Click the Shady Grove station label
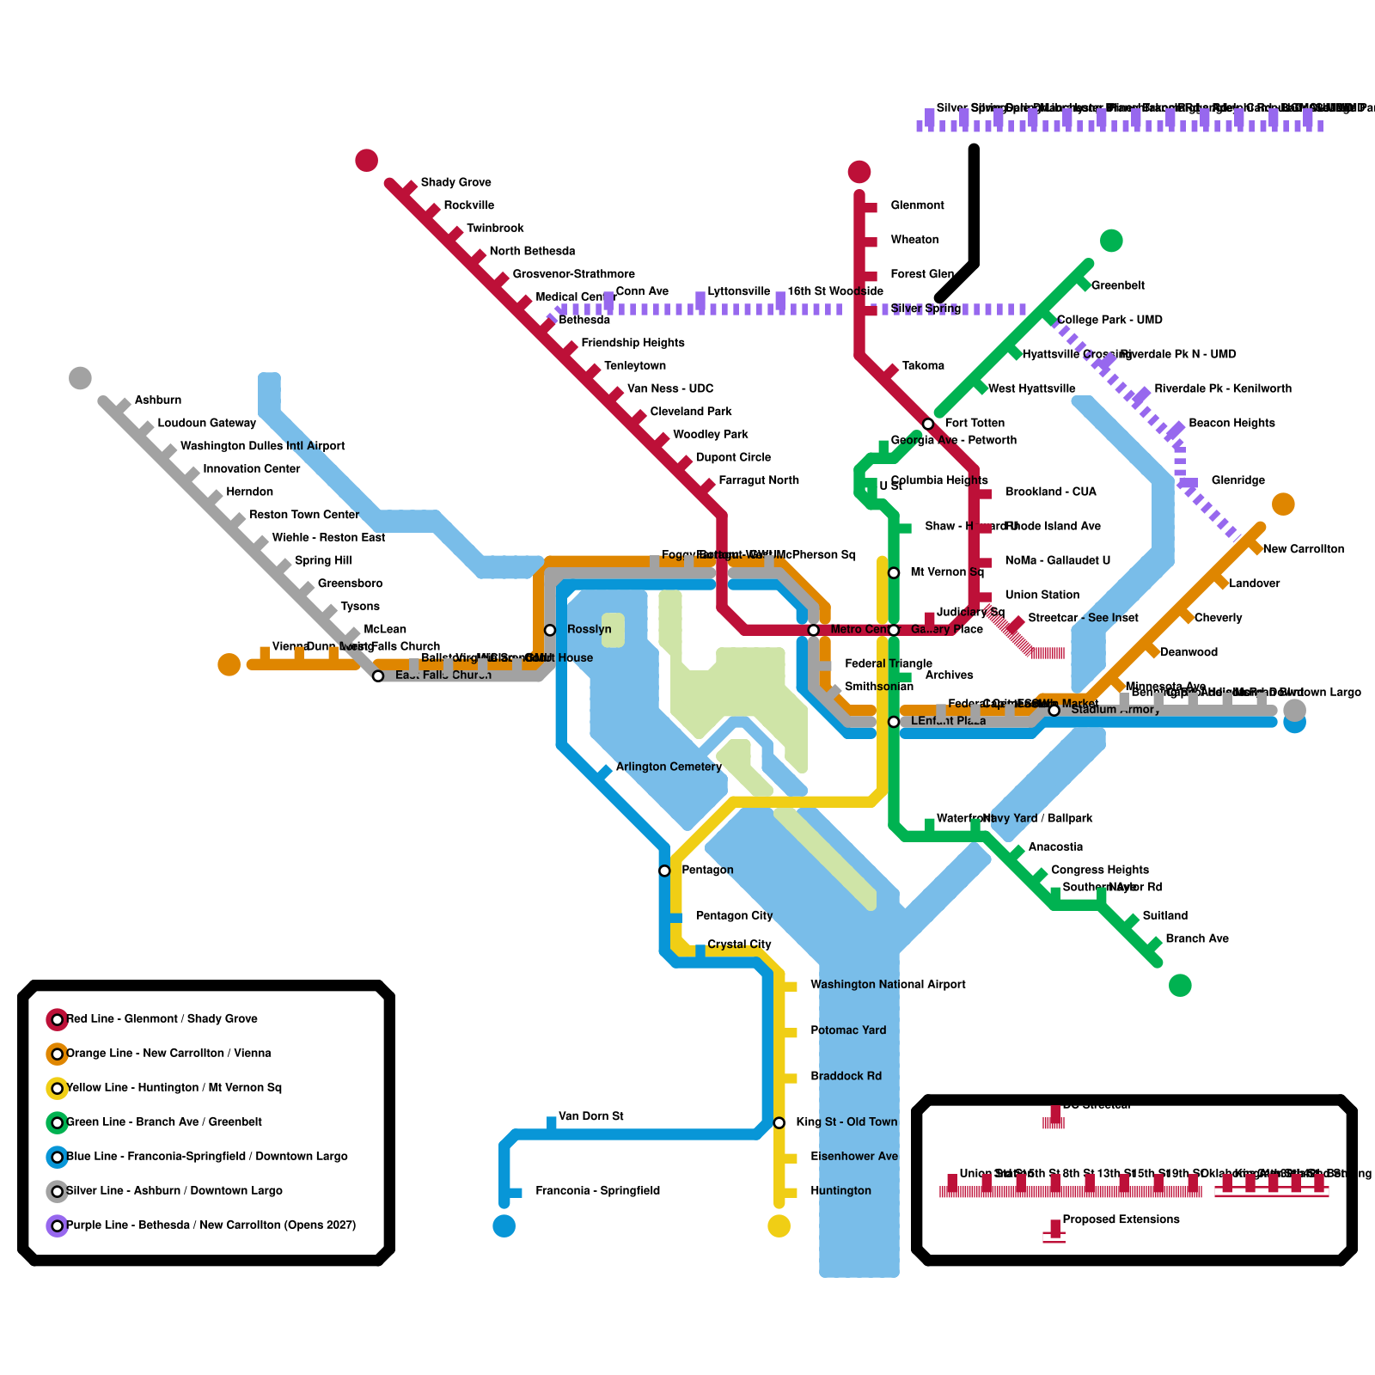pos(455,182)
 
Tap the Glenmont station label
pos(917,205)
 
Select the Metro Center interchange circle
pos(813,630)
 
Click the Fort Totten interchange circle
pos(928,424)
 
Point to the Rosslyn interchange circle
pos(550,630)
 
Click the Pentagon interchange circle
pos(664,871)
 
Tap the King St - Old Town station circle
pos(779,1122)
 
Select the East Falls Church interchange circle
pos(378,676)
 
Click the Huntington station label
pos(840,1191)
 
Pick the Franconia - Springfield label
pos(597,1191)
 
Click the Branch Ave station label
pos(1197,938)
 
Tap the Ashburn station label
pos(158,400)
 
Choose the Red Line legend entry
pos(162,1019)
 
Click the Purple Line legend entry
pos(211,1225)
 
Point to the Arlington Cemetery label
pos(669,767)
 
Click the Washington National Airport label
pos(888,985)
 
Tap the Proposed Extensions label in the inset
pos(1121,1219)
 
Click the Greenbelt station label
pos(1118,285)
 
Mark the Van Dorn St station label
pos(591,1116)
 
